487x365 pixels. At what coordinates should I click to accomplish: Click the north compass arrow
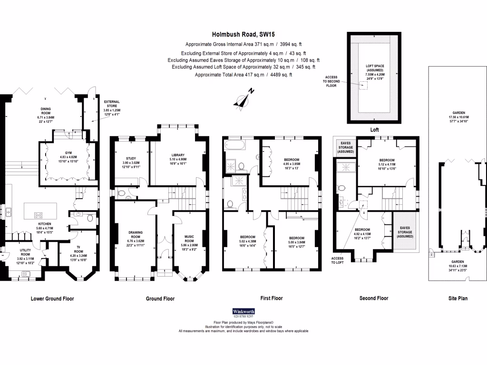tap(243, 100)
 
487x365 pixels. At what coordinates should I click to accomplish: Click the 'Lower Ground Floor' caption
tap(52, 298)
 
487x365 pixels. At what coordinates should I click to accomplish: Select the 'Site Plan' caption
tap(458, 298)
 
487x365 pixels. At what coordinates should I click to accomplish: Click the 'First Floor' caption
tap(272, 298)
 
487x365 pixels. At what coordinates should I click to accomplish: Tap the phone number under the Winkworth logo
tap(243, 316)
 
